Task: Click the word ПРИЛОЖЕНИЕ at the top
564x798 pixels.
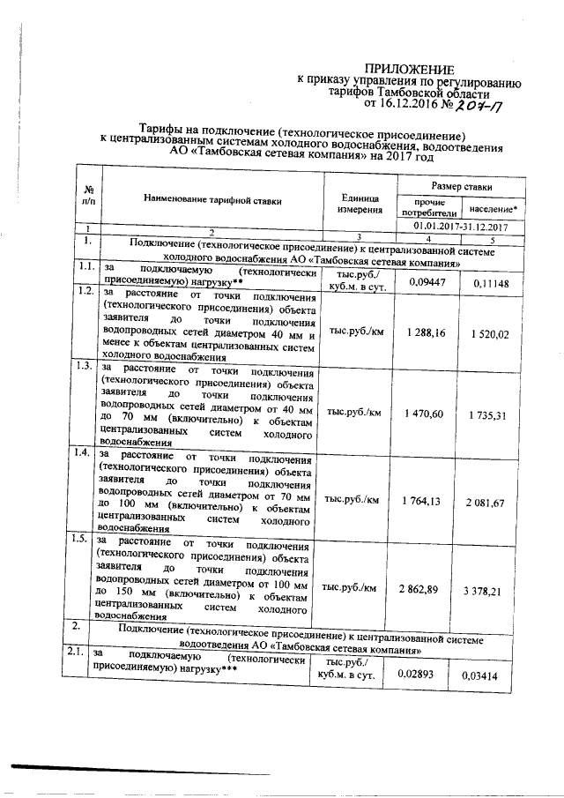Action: pos(411,70)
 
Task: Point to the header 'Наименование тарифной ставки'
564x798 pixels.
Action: pos(214,201)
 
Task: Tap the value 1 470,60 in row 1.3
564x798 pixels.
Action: pos(425,413)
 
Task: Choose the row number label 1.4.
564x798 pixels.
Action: pos(85,453)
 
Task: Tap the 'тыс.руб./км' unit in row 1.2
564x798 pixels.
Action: pos(353,334)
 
